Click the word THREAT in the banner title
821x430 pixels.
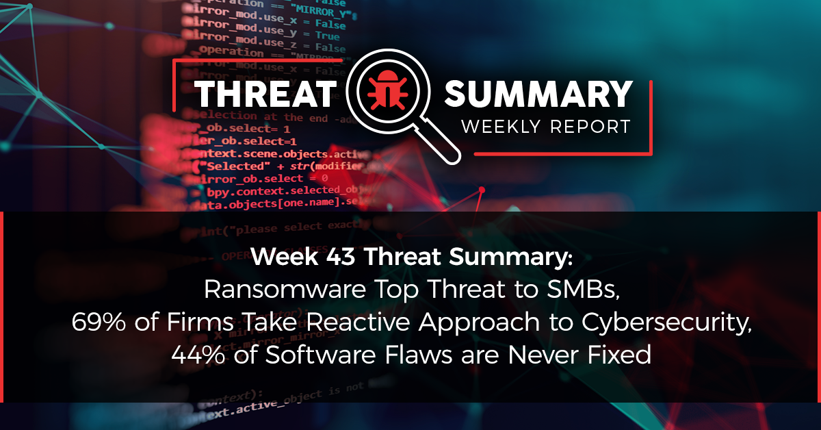point(263,95)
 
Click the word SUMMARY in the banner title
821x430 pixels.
point(538,95)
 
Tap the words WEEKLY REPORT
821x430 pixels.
point(545,127)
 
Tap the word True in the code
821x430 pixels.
point(328,35)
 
